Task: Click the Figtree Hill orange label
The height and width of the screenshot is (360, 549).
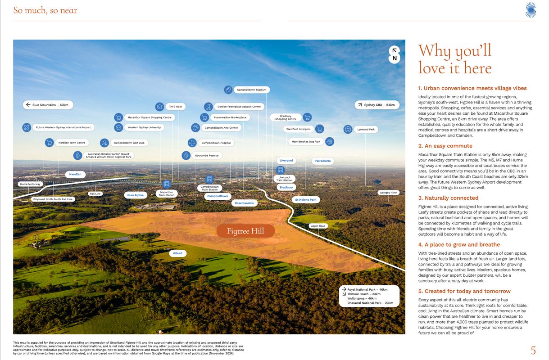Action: (245, 231)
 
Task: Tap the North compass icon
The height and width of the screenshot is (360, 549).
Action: (394, 54)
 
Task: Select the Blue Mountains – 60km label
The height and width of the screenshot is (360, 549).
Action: (48, 105)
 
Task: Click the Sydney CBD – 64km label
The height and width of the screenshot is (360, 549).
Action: (377, 105)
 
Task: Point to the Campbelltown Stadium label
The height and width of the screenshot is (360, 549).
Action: (247, 90)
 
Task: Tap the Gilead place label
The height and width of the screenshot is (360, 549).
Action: (178, 253)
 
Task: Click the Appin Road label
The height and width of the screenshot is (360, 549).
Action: (318, 226)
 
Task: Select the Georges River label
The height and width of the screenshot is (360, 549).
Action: (388, 193)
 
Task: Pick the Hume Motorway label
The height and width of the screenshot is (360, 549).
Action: (30, 184)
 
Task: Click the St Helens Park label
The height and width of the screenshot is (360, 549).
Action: (306, 199)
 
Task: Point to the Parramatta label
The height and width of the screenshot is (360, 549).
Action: (322, 161)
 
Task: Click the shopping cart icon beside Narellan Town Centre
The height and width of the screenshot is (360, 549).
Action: (49, 143)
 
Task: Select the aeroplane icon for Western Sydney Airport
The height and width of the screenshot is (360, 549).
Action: (27, 127)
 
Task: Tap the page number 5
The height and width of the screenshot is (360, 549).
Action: (533, 351)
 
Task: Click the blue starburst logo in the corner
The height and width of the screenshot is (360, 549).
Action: (531, 10)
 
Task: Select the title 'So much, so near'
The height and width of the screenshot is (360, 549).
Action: (45, 10)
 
